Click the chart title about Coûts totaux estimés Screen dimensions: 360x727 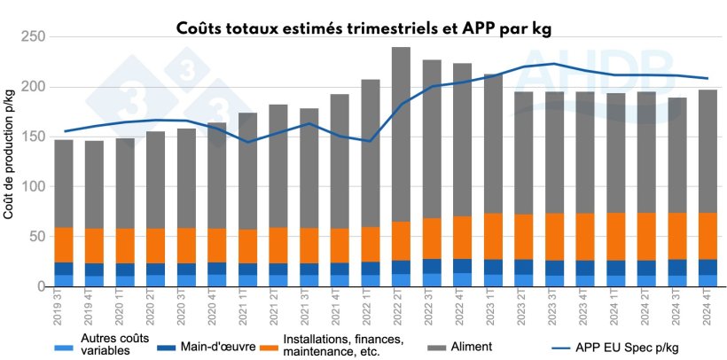(x=363, y=27)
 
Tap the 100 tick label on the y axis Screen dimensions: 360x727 (x=31, y=187)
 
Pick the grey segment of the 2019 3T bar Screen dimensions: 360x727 (x=64, y=183)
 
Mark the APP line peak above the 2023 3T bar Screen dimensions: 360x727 (x=553, y=64)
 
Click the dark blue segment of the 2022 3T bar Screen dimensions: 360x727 (x=431, y=266)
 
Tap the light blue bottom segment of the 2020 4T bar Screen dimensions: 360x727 (x=217, y=280)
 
